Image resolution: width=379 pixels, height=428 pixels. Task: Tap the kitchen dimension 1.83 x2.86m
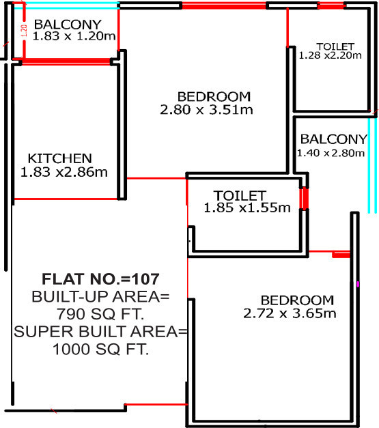[x=64, y=173]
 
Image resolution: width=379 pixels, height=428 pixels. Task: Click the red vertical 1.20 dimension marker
[x=23, y=31]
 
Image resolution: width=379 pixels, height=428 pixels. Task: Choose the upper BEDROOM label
[x=214, y=96]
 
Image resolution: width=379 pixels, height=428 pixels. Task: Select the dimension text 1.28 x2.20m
[x=330, y=56]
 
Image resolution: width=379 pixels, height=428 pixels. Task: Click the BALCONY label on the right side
[x=333, y=139]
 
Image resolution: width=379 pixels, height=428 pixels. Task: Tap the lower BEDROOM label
[x=297, y=300]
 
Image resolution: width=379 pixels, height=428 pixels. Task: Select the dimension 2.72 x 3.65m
[x=290, y=314]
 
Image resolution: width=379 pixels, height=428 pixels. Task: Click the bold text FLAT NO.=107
[x=101, y=279]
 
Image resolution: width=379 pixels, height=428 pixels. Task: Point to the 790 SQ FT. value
[x=101, y=315]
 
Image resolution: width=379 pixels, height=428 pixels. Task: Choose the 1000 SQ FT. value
[x=101, y=349]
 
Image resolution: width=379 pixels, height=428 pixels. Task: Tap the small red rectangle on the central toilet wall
[x=305, y=199]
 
